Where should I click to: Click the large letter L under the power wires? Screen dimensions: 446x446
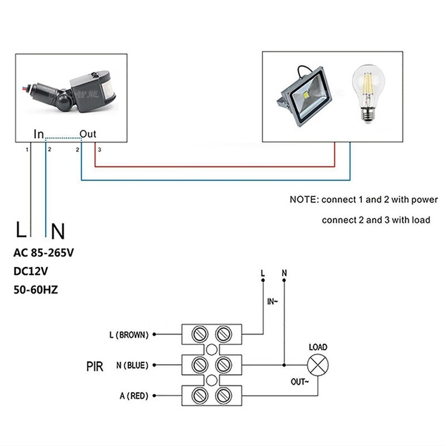point(21,229)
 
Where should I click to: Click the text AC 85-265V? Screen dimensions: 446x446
point(43,253)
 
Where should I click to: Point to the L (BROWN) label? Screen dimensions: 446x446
point(129,335)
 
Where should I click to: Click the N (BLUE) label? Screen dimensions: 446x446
point(132,366)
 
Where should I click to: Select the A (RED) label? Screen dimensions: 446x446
point(134,396)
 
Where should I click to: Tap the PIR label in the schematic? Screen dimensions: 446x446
point(95,366)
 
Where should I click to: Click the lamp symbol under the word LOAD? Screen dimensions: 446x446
point(318,366)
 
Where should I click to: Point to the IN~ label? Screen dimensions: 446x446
point(273,302)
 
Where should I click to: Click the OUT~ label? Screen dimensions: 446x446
point(299,382)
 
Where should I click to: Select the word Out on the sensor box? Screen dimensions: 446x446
point(88,134)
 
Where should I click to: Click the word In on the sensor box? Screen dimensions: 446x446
point(38,134)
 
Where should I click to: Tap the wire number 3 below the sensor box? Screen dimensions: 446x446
point(99,149)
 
